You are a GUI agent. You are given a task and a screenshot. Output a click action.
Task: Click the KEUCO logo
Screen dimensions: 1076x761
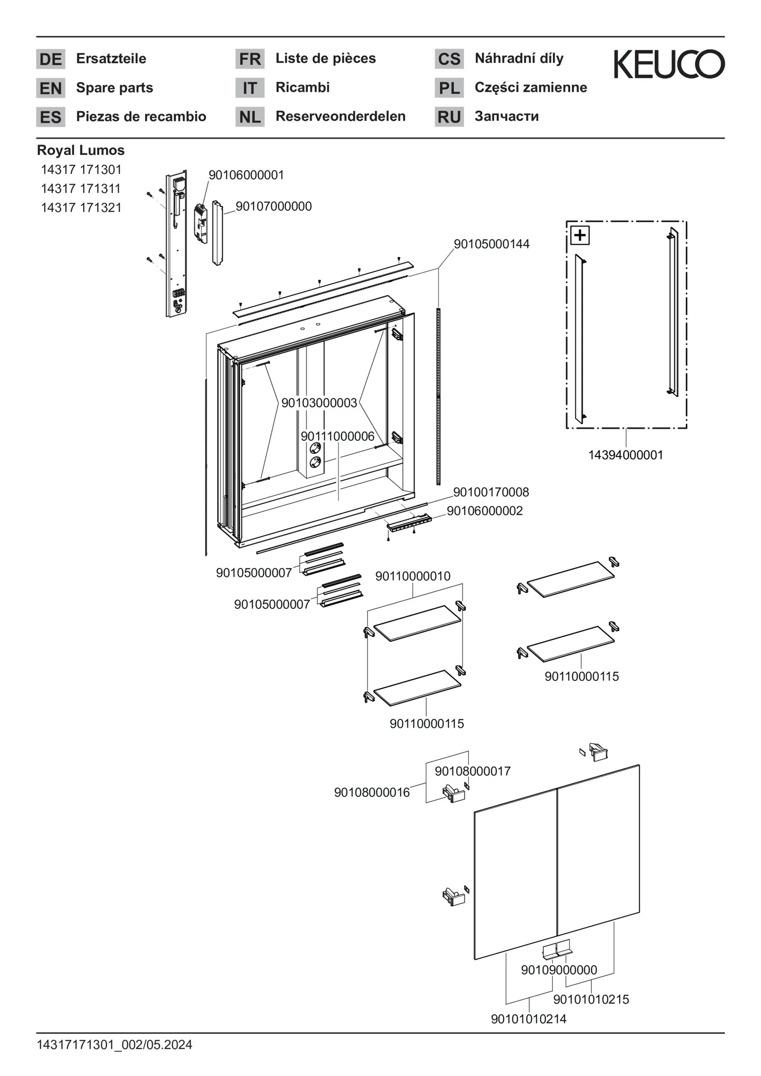pyautogui.click(x=669, y=64)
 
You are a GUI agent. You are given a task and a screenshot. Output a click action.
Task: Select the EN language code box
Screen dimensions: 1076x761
pyautogui.click(x=50, y=88)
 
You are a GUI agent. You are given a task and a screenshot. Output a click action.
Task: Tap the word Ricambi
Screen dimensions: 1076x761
pyautogui.click(x=302, y=87)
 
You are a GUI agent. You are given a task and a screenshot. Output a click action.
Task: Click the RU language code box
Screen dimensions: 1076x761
pyautogui.click(x=449, y=117)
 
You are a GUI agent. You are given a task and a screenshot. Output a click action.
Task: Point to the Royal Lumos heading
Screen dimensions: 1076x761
pyautogui.click(x=80, y=150)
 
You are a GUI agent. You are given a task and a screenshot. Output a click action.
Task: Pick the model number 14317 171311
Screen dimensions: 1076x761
pyautogui.click(x=81, y=189)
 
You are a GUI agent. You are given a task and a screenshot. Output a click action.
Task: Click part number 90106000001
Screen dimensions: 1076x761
pyautogui.click(x=246, y=175)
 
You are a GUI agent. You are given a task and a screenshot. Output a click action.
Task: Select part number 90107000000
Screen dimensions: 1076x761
pyautogui.click(x=273, y=206)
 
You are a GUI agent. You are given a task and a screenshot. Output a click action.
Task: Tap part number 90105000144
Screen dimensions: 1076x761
pyautogui.click(x=491, y=244)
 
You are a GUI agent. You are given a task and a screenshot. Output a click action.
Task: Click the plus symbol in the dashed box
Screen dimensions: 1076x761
pyautogui.click(x=580, y=235)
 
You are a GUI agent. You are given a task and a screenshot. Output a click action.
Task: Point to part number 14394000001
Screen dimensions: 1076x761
pyautogui.click(x=625, y=455)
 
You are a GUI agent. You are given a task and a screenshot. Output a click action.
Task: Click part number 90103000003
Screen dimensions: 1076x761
pyautogui.click(x=319, y=403)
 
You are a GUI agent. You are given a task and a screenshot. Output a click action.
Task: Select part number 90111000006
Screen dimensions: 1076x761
pyautogui.click(x=337, y=436)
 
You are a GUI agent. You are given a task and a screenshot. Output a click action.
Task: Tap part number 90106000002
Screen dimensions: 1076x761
pyautogui.click(x=485, y=511)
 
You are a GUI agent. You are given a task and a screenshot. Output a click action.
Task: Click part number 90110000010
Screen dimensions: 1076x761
pyautogui.click(x=413, y=576)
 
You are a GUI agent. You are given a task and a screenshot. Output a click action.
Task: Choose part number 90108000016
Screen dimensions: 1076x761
pyautogui.click(x=372, y=792)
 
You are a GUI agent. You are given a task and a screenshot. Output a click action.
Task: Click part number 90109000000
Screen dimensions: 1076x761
pyautogui.click(x=559, y=970)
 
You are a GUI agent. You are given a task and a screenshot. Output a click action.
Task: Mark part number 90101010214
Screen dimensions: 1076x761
pyautogui.click(x=528, y=1019)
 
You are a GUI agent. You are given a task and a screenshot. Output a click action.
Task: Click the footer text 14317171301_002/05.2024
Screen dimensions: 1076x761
pyautogui.click(x=114, y=1045)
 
